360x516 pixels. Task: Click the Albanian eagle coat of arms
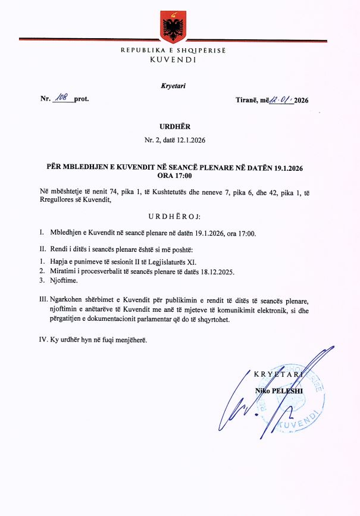(x=173, y=26)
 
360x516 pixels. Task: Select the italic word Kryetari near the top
(x=173, y=86)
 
